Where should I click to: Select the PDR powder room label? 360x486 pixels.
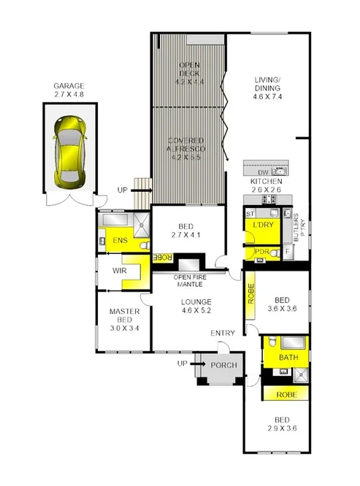(260, 252)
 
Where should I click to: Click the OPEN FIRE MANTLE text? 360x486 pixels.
(193, 281)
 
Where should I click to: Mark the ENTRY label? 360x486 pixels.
(223, 333)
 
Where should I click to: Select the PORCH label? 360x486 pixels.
(221, 365)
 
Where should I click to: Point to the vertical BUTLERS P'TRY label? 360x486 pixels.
(298, 228)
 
